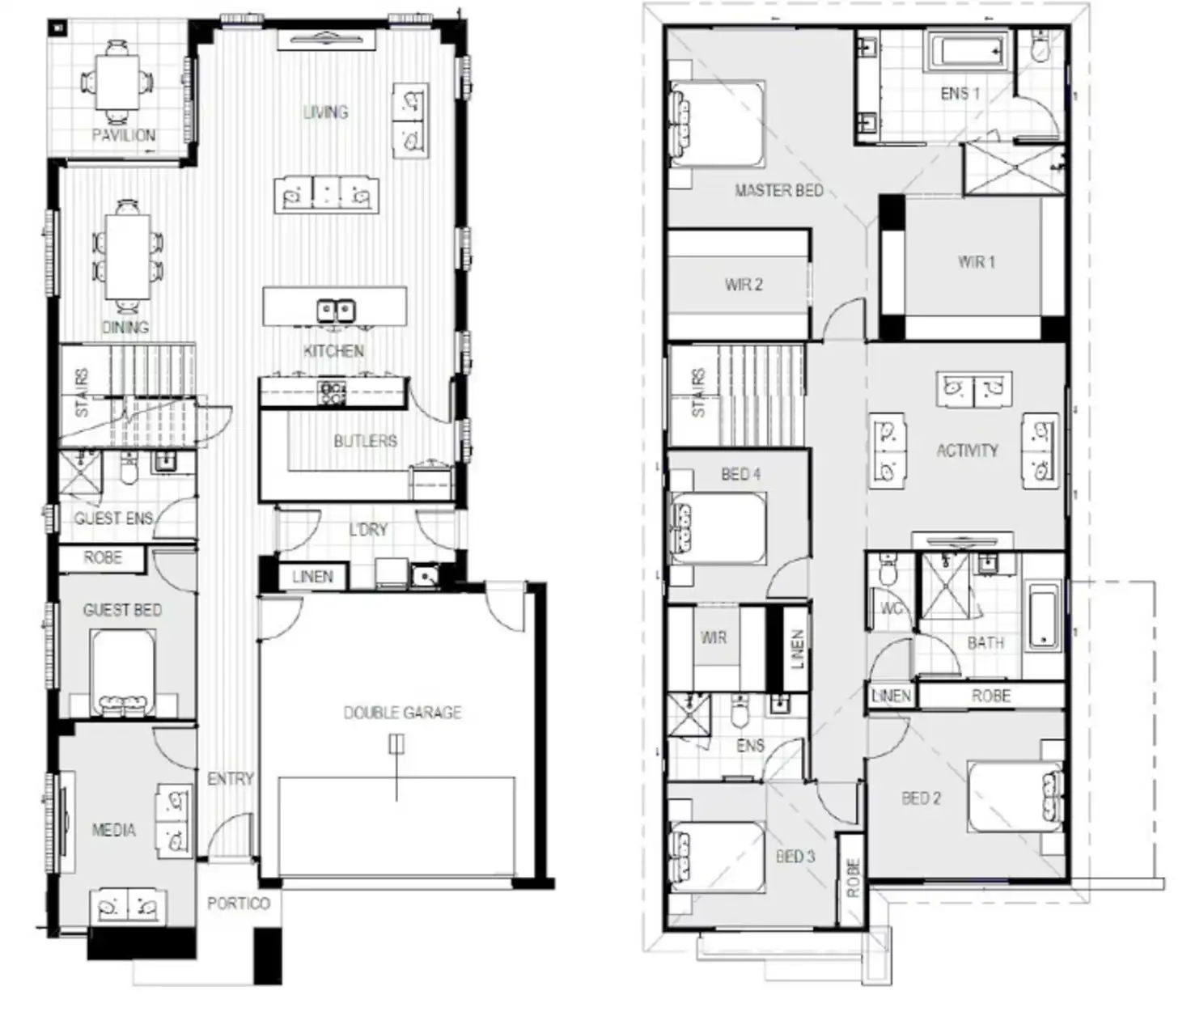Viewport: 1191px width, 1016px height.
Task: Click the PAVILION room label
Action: click(123, 135)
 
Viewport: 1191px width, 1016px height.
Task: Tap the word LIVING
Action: click(325, 112)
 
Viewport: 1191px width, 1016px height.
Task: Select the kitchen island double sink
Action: click(335, 310)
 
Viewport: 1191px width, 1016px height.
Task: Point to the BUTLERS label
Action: click(365, 441)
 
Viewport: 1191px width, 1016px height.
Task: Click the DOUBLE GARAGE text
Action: click(402, 713)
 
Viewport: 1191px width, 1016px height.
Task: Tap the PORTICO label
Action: click(238, 903)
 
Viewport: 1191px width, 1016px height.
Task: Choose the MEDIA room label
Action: click(113, 830)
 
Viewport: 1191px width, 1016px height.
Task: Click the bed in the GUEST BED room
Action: click(123, 671)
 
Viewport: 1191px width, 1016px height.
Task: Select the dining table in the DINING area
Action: click(127, 255)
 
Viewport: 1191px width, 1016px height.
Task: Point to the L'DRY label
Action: click(368, 530)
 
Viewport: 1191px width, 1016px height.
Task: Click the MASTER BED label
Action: click(778, 191)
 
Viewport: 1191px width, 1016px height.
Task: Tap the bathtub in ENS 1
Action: click(967, 53)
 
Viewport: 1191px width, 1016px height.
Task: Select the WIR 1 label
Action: click(976, 262)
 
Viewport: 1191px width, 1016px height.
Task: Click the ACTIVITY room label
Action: click(967, 451)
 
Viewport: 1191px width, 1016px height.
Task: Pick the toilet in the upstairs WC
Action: click(888, 571)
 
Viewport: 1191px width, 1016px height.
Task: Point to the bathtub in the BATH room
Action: click(1044, 616)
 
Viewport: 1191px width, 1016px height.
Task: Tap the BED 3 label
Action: click(795, 857)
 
